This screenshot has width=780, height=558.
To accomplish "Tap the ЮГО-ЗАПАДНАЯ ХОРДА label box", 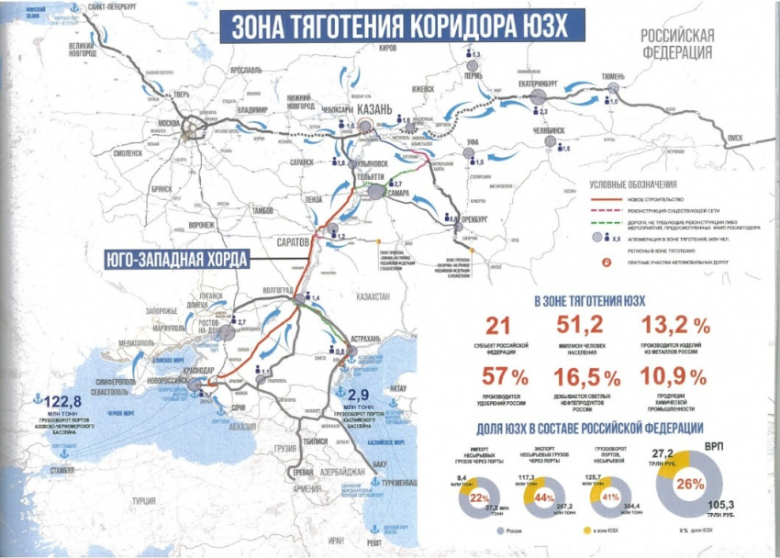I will pos(170,260).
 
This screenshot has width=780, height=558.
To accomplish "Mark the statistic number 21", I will pos(497,326).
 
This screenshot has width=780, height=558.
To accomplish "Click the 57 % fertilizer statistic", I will pos(506,377).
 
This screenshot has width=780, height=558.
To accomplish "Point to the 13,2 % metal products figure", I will pos(675,326).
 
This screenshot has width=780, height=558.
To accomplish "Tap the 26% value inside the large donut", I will pos(694,485).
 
